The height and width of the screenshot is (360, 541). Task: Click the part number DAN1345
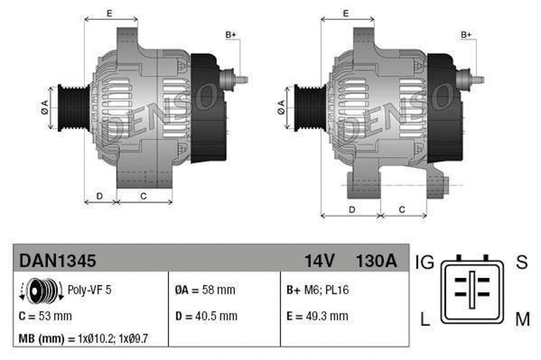click(58, 260)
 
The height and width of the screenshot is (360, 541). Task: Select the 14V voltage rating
click(320, 260)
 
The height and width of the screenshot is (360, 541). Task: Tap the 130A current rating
click(376, 260)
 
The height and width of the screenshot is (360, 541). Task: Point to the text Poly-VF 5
click(89, 290)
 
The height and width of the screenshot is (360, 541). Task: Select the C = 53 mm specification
click(45, 316)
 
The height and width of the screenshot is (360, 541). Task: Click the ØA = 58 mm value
click(205, 290)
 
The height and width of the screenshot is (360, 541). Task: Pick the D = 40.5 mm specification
click(206, 316)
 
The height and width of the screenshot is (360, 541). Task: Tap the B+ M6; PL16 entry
click(318, 290)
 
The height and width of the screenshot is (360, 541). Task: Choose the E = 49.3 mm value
click(317, 316)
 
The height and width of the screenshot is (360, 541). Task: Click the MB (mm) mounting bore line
click(83, 338)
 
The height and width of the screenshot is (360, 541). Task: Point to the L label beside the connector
click(425, 319)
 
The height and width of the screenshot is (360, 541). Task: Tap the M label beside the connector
click(522, 319)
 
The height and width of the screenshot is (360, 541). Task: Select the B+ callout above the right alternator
click(466, 35)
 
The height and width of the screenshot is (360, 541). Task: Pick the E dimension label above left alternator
click(109, 14)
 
